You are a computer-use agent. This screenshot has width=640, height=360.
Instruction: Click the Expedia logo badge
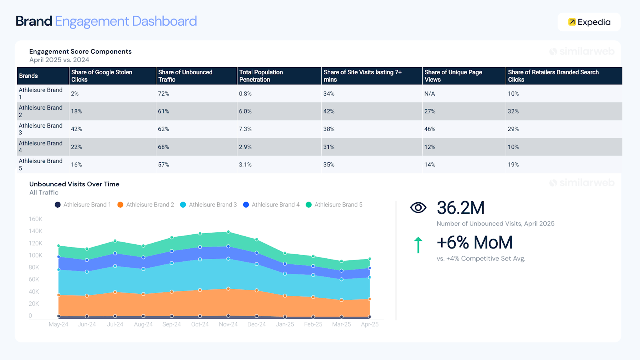pos(589,22)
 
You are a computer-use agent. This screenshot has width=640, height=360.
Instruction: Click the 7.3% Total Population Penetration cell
pos(245,129)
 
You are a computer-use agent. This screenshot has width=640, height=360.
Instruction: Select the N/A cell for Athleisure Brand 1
pos(430,94)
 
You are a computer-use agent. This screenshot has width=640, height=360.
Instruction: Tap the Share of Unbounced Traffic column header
pos(185,76)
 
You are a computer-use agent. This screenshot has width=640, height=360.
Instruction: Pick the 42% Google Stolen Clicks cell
pos(76,129)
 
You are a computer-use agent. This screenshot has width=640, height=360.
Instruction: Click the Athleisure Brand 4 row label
pos(40,147)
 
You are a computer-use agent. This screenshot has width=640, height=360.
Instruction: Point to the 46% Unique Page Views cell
pos(430,129)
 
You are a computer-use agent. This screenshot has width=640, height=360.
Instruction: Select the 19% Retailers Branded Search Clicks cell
pos(513,165)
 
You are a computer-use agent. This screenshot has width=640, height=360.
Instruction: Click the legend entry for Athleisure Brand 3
pos(208,205)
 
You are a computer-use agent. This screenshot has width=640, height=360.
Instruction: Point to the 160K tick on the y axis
pos(35,219)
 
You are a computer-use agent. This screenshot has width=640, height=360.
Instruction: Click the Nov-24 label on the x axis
pos(228,324)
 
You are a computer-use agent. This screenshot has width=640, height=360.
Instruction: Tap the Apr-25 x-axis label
pos(370,324)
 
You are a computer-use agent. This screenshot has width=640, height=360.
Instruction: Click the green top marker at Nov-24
pos(228,232)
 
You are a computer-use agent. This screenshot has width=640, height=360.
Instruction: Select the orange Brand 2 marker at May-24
pos(59,295)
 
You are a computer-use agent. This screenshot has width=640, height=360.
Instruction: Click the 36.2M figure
pos(460,208)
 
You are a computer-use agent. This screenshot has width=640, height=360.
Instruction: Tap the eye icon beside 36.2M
pos(418,208)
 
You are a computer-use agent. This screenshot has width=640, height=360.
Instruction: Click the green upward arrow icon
pos(418,245)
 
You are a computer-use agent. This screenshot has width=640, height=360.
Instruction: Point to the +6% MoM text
pos(474,242)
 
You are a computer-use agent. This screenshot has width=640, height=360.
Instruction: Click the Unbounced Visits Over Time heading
pos(74,184)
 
